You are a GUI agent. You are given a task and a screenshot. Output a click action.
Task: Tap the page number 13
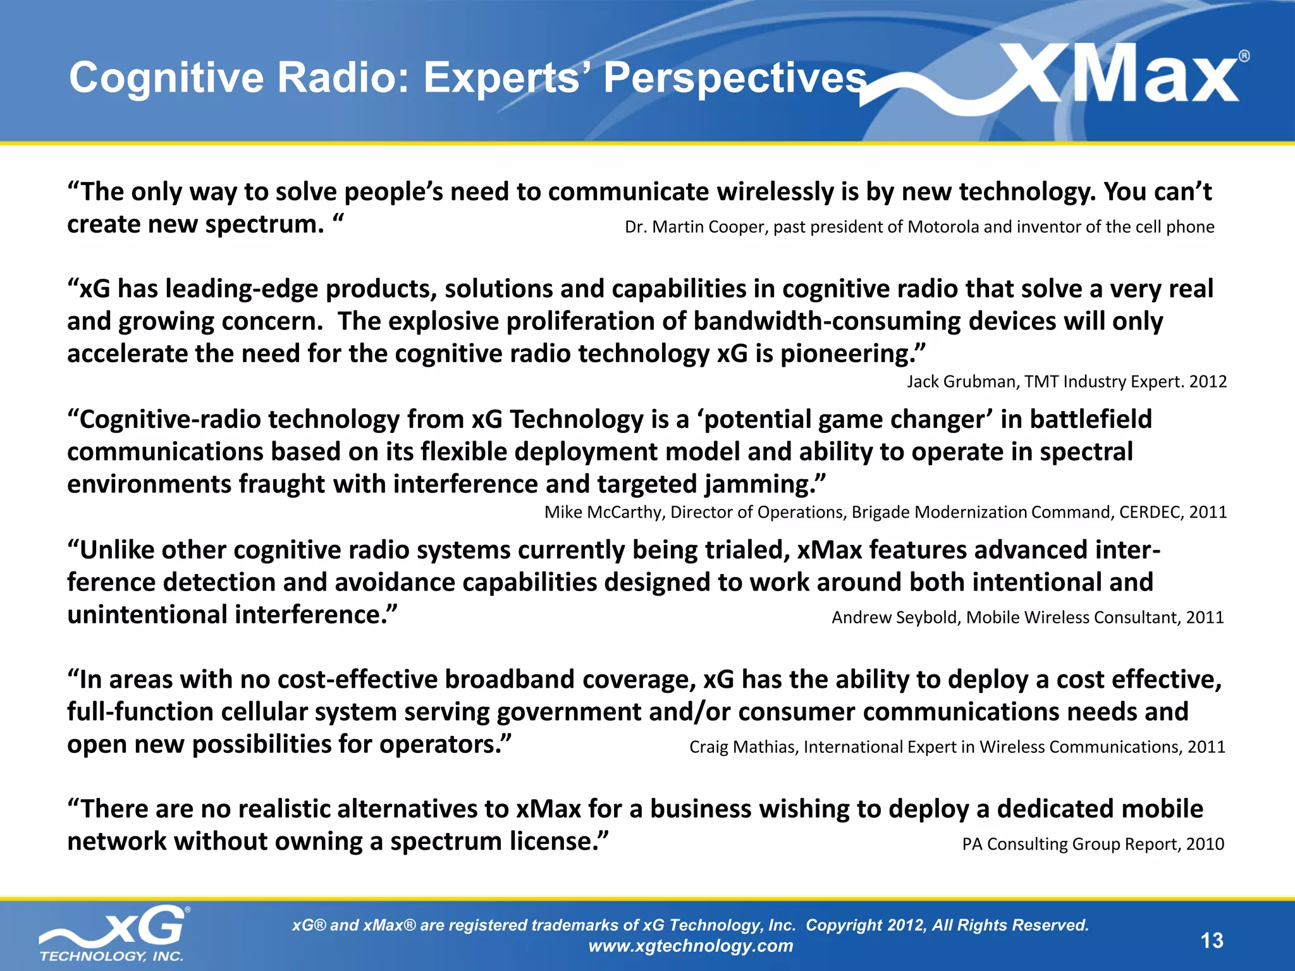click(1212, 941)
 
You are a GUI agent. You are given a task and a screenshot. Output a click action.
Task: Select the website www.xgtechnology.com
click(690, 946)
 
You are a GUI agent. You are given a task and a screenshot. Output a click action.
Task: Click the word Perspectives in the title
click(734, 78)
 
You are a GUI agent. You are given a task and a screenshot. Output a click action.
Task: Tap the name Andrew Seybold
click(895, 617)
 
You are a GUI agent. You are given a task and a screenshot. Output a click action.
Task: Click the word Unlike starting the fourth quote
click(117, 549)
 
